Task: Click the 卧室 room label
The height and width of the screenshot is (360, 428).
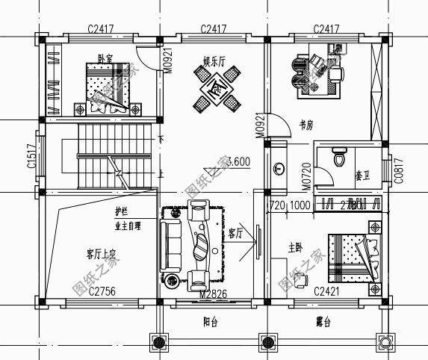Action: (x=106, y=58)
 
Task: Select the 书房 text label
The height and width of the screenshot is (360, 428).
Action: (x=305, y=125)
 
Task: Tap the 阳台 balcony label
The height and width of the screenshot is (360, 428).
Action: (x=211, y=323)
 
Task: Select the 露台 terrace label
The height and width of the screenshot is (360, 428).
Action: (x=322, y=323)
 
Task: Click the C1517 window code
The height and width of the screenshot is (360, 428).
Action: (x=31, y=157)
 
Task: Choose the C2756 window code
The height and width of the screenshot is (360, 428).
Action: (x=99, y=291)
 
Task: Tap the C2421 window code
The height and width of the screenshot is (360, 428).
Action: (x=327, y=291)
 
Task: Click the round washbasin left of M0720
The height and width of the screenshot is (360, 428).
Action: (x=279, y=170)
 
